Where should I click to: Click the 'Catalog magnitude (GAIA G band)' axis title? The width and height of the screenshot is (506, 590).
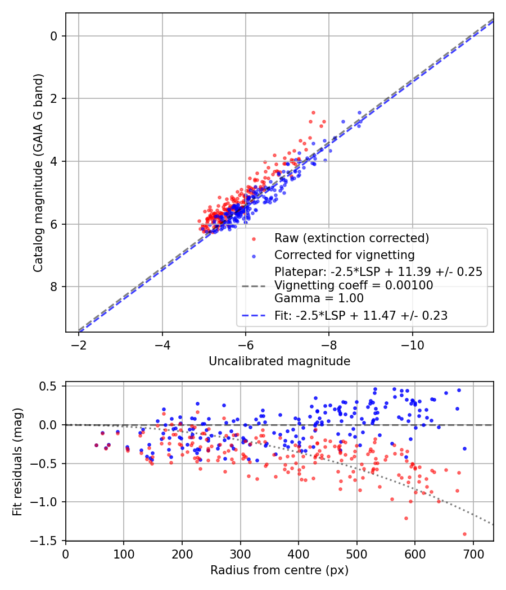pyautogui.click(x=38, y=172)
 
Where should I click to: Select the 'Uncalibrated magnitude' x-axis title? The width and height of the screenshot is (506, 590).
pyautogui.click(x=279, y=361)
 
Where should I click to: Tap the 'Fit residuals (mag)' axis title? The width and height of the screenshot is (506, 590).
pyautogui.click(x=17, y=461)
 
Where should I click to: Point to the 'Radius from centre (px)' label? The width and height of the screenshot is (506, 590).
pyautogui.click(x=279, y=570)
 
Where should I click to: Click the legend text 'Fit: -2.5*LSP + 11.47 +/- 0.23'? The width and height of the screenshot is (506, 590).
pyautogui.click(x=360, y=316)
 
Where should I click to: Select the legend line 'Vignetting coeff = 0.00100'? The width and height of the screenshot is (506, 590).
pyautogui.click(x=354, y=285)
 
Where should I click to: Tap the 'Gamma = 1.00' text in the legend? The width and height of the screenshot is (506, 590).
pyautogui.click(x=319, y=298)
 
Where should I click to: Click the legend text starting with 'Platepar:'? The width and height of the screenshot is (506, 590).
pyautogui.click(x=378, y=272)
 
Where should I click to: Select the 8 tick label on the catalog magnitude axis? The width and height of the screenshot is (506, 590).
pyautogui.click(x=54, y=287)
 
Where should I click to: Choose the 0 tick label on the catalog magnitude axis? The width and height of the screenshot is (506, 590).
pyautogui.click(x=54, y=36)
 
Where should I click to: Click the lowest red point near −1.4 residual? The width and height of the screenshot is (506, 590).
pyautogui.click(x=464, y=534)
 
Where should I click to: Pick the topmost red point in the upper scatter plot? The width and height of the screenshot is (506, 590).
pyautogui.click(x=313, y=112)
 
